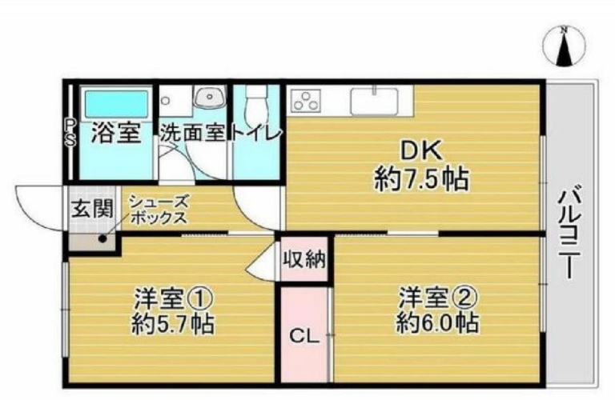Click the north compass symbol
tap(564, 46)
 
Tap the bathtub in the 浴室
tap(116, 103)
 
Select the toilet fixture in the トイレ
tap(255, 103)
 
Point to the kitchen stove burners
tap(307, 100)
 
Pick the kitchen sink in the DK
tap(375, 101)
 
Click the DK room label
tap(421, 151)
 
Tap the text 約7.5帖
tap(421, 178)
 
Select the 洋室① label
tap(174, 299)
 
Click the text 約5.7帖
tap(173, 324)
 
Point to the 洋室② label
tap(438, 298)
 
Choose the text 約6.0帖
tap(437, 323)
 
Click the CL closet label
tap(304, 336)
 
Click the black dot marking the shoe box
tap(102, 238)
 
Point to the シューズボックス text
tap(159, 210)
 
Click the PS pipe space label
tap(70, 133)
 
